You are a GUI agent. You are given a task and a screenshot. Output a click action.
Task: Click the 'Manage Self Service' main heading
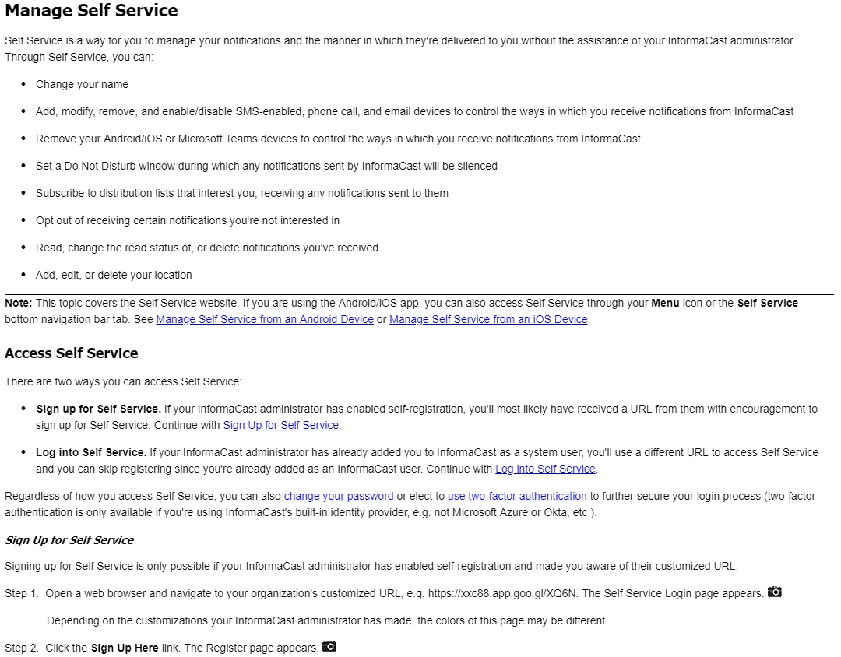[91, 11]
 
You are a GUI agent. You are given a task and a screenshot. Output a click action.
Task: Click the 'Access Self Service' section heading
[71, 353]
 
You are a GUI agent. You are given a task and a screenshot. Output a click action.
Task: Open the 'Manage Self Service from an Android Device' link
[265, 319]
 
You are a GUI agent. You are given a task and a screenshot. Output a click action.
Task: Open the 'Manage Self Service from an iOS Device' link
[488, 319]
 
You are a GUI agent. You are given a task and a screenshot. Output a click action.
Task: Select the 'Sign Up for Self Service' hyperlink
[280, 425]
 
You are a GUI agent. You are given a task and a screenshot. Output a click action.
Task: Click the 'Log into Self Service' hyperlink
[545, 469]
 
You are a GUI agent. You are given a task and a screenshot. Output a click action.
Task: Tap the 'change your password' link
[339, 496]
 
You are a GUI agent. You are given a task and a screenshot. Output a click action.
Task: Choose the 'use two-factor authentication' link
[517, 496]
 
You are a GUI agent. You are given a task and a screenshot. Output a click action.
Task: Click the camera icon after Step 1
[774, 592]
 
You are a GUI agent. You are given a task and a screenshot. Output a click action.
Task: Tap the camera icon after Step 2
[329, 647]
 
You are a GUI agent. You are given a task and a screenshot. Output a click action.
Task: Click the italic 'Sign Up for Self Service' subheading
[69, 540]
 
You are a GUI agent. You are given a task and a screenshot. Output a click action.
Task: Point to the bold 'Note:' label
[19, 303]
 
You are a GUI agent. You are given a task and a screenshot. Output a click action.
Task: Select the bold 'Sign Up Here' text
[125, 648]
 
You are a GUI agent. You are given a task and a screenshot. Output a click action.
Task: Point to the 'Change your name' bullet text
[82, 84]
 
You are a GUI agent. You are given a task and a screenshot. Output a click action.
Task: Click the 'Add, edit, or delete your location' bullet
[114, 275]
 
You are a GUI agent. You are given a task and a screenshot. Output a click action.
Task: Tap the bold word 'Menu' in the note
[665, 303]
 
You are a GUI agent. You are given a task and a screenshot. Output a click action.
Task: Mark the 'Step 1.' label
[22, 593]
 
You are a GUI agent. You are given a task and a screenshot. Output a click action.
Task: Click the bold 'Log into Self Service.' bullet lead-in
[91, 452]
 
